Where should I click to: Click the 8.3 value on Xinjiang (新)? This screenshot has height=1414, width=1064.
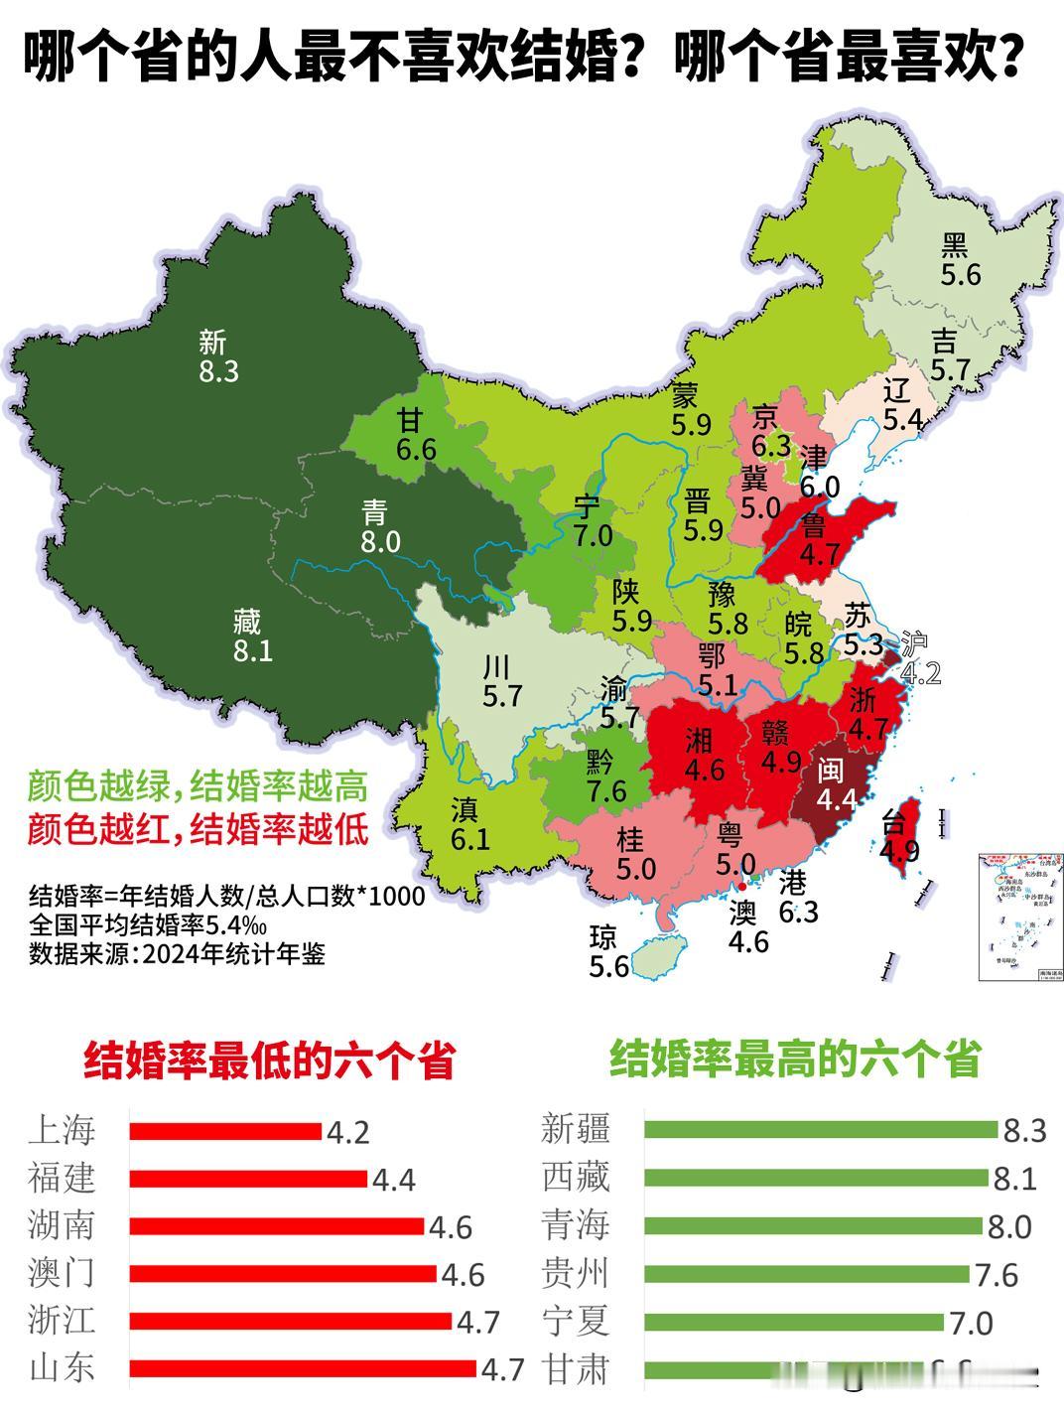(218, 372)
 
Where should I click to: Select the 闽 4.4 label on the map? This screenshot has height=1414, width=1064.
(836, 785)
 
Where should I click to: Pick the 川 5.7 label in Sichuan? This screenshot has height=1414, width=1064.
(502, 681)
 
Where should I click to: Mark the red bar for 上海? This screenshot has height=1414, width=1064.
(225, 1131)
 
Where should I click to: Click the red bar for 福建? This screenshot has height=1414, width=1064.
(248, 1179)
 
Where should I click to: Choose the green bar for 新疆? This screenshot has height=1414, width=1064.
(820, 1130)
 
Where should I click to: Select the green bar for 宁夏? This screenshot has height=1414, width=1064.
(793, 1322)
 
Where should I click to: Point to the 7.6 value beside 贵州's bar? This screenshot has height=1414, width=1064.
(997, 1274)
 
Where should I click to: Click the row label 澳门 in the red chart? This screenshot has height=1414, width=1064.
(63, 1274)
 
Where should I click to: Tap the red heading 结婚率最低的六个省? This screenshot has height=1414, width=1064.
(268, 1060)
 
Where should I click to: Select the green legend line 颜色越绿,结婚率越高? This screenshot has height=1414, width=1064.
(198, 786)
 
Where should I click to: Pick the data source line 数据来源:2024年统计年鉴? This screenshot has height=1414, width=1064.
(177, 954)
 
